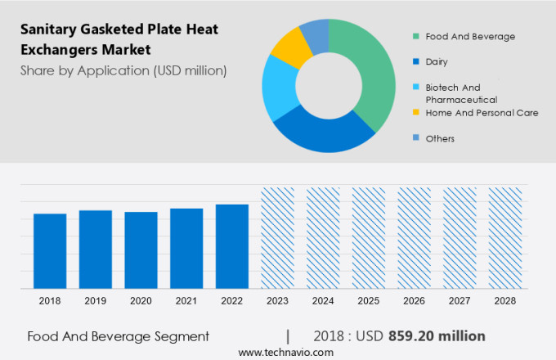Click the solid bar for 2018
click(50, 250)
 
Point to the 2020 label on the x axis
click(141, 301)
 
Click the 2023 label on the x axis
click(277, 301)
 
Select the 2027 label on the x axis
click(460, 301)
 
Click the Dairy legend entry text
click(437, 61)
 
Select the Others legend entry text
click(440, 138)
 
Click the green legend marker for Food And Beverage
click(416, 36)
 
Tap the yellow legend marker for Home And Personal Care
click(416, 112)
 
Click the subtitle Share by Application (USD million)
click(123, 71)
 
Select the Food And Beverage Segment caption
click(118, 336)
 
